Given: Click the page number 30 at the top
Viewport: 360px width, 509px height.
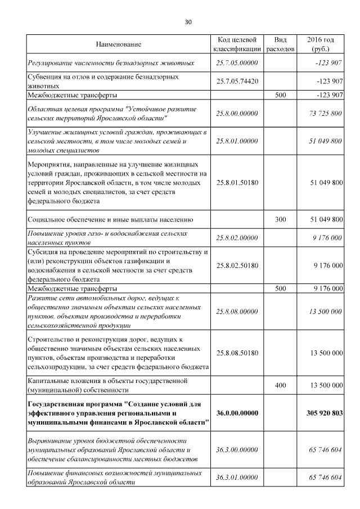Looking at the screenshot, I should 188,22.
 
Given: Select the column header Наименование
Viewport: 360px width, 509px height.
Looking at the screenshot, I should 118,44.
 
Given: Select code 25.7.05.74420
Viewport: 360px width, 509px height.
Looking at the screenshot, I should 237,82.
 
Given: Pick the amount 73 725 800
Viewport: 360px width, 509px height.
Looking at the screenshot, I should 325,114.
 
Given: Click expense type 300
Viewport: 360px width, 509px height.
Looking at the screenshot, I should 280,219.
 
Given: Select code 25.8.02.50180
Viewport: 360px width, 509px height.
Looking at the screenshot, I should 237,265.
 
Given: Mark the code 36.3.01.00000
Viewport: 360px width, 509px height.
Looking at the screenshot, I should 237,478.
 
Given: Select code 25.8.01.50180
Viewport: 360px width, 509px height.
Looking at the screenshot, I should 237,183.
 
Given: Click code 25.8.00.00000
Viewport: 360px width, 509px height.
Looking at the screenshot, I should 237,114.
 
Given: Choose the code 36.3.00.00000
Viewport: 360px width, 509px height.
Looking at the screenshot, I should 237,450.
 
